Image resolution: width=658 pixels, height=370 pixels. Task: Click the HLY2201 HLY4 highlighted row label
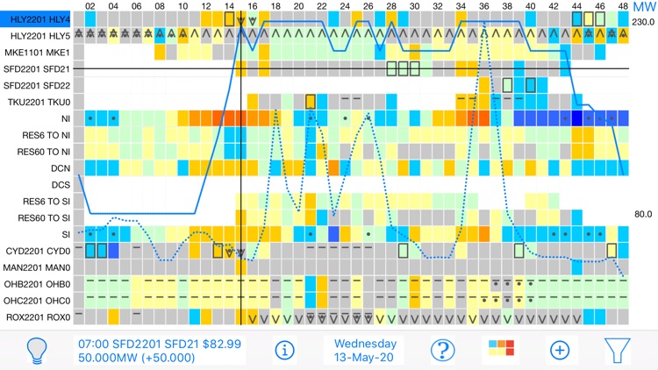click(x=36, y=19)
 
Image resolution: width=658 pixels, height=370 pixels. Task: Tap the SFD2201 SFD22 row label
click(x=37, y=85)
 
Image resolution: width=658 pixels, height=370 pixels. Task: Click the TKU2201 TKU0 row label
click(x=39, y=102)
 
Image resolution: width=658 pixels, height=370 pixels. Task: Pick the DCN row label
click(x=61, y=167)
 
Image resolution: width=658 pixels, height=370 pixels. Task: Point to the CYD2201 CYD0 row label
click(x=37, y=251)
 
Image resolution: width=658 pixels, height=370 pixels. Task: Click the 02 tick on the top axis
click(x=90, y=6)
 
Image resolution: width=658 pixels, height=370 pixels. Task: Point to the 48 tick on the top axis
click(x=623, y=6)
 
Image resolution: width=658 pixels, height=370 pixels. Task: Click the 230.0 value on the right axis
click(x=643, y=22)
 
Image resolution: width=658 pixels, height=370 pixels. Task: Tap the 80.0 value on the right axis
click(x=643, y=214)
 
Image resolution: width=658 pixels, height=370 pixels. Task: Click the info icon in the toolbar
click(x=284, y=350)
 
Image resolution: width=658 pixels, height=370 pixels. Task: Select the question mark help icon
click(x=442, y=350)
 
